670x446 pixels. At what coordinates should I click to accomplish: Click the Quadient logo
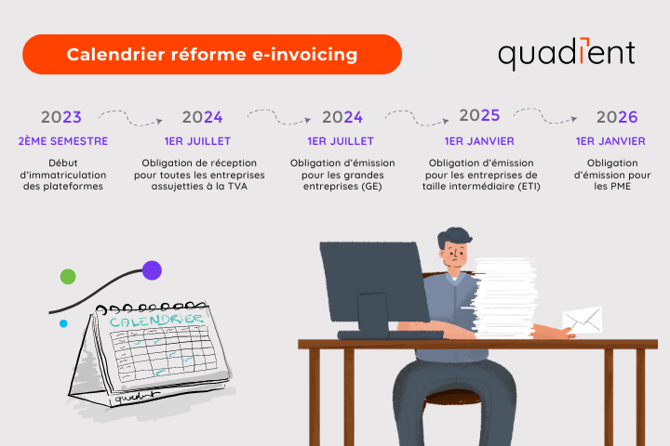(x=566, y=54)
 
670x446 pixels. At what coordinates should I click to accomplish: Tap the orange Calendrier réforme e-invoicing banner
(x=212, y=55)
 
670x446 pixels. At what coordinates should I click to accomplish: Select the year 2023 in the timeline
(x=61, y=118)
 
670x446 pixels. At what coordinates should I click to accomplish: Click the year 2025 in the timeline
(x=479, y=116)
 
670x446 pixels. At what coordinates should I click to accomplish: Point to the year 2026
(x=616, y=118)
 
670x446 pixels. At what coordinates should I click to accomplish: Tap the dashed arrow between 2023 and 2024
(x=131, y=116)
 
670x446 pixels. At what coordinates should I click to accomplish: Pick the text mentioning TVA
(x=202, y=174)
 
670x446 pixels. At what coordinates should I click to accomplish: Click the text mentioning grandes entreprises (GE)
(x=342, y=174)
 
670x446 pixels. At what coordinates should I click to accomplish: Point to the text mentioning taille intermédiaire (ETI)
(x=479, y=174)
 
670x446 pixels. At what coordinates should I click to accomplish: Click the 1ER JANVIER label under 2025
(x=479, y=141)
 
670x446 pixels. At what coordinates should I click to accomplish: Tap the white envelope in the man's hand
(x=583, y=320)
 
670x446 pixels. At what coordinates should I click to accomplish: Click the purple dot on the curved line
(x=152, y=270)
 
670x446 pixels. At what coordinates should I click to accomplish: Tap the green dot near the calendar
(x=68, y=276)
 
